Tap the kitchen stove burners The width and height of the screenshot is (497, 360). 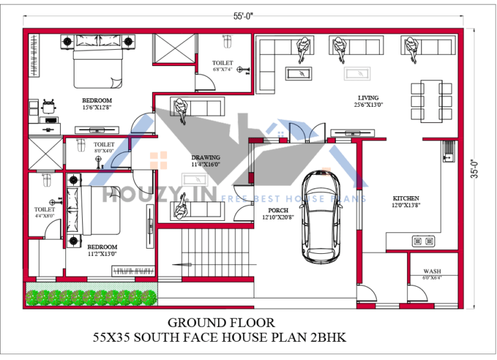tap(423, 242)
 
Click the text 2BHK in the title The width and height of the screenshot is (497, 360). tap(329, 337)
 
